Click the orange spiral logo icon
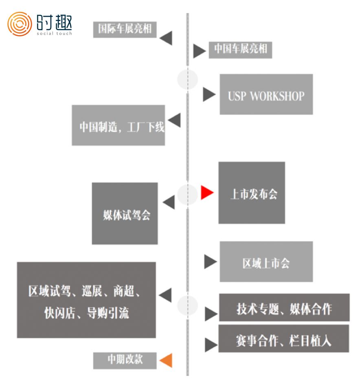click(20, 24)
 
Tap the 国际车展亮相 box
click(125, 29)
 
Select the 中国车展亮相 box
click(240, 50)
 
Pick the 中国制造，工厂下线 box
click(119, 125)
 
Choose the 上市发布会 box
click(251, 193)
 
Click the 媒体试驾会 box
click(125, 213)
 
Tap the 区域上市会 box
click(266, 261)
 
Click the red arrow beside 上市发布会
click(206, 193)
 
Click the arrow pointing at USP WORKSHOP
click(209, 95)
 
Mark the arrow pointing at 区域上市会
click(210, 261)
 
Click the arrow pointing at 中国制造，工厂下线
click(174, 120)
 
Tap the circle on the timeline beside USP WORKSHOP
click(188, 80)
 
